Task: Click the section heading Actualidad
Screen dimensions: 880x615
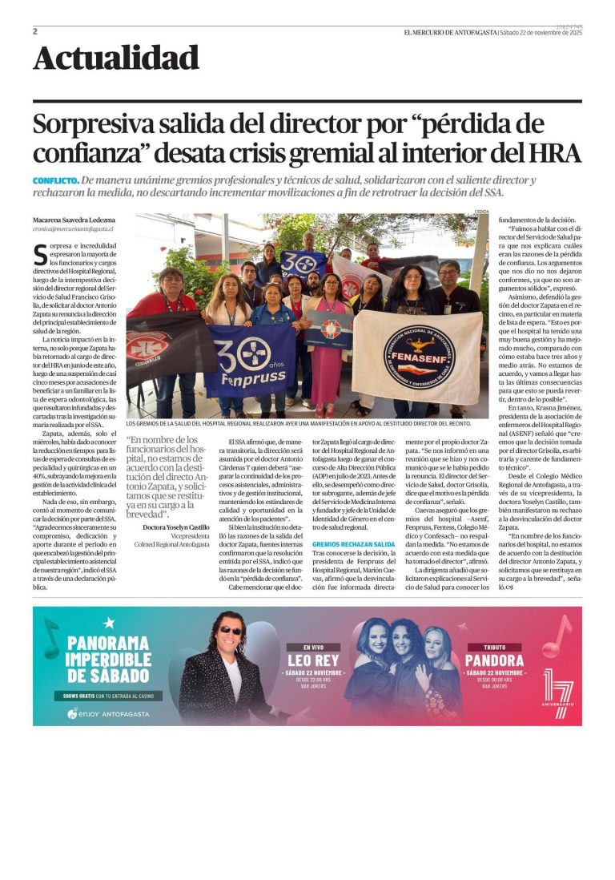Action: click(x=116, y=59)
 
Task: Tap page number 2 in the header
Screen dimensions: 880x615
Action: click(x=35, y=31)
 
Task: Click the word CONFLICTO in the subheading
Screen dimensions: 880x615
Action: click(x=55, y=181)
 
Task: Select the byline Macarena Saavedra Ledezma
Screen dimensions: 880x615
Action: click(x=74, y=220)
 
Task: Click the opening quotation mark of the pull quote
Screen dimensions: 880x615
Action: click(x=130, y=440)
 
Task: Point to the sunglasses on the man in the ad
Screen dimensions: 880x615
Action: click(x=230, y=631)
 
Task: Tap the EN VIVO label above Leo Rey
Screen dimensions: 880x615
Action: click(x=311, y=646)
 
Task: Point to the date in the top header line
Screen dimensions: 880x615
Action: click(x=541, y=32)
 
